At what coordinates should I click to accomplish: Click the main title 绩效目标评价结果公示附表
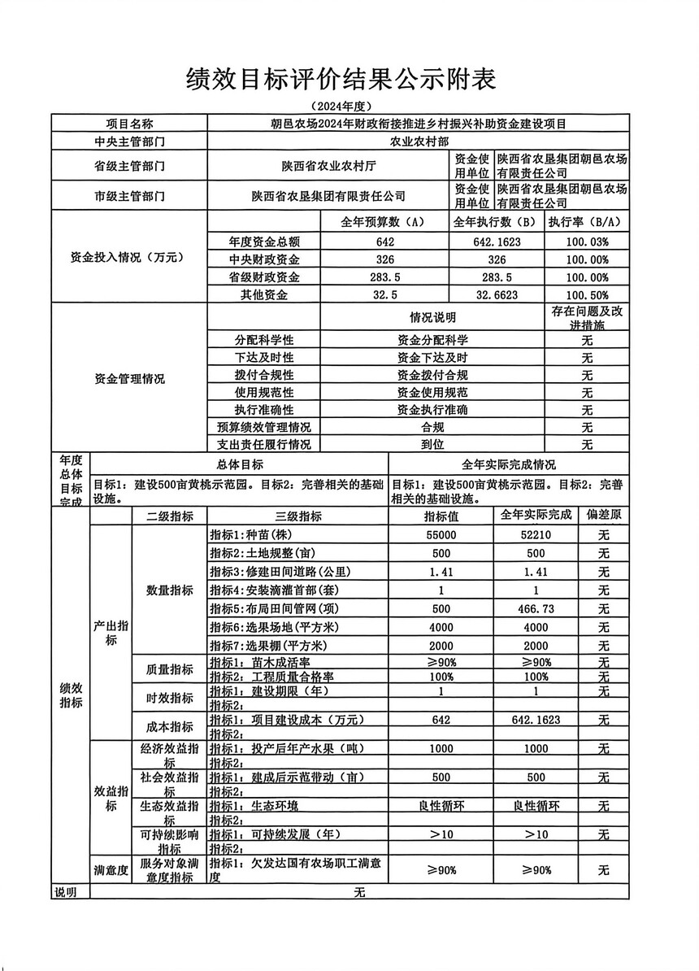[x=341, y=79]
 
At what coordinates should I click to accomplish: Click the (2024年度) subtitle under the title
[x=341, y=107]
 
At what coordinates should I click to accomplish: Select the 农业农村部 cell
[x=418, y=141]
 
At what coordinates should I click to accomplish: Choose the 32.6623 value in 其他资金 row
[x=497, y=294]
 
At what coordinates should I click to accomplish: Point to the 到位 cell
[x=432, y=444]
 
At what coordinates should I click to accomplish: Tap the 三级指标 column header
[x=298, y=516]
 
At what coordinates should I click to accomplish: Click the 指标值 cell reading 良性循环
[x=441, y=805]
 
